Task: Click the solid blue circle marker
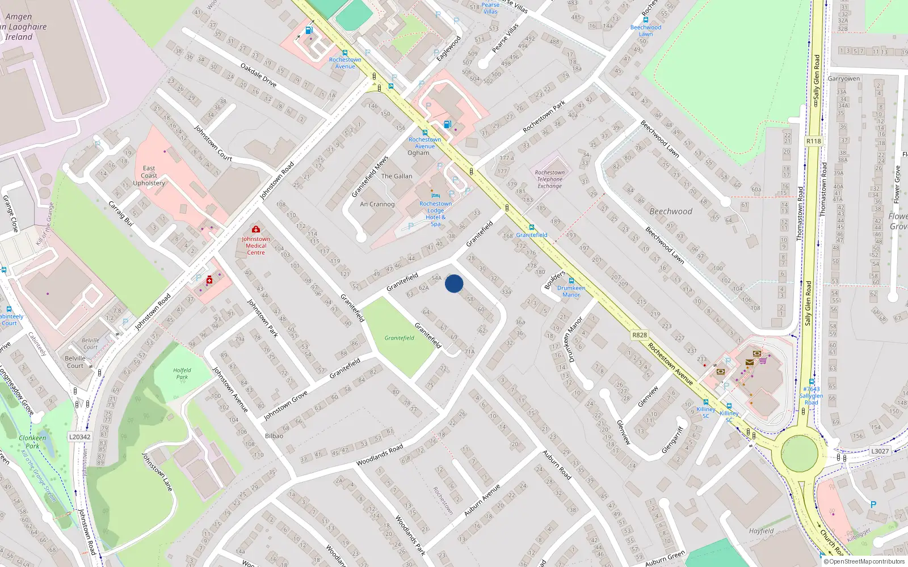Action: pyautogui.click(x=454, y=283)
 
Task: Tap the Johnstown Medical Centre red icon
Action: pyautogui.click(x=256, y=230)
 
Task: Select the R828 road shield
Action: pyautogui.click(x=640, y=335)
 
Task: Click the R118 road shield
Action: pyautogui.click(x=813, y=141)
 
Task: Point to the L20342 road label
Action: pyautogui.click(x=79, y=437)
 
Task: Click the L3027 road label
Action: pyautogui.click(x=880, y=451)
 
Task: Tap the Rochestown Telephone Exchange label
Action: pyautogui.click(x=549, y=179)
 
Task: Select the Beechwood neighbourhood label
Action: pyautogui.click(x=671, y=211)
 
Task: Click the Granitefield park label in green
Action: pyautogui.click(x=399, y=338)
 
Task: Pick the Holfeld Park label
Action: pyautogui.click(x=182, y=373)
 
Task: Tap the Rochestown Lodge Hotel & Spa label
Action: pyautogui.click(x=435, y=214)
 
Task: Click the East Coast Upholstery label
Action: pyautogui.click(x=149, y=176)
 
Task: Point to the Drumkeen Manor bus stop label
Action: pyautogui.click(x=571, y=291)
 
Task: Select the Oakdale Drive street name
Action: pyautogui.click(x=258, y=75)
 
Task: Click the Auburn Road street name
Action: pyautogui.click(x=557, y=464)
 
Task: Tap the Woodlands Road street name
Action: pyautogui.click(x=380, y=455)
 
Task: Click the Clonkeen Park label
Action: pyautogui.click(x=32, y=442)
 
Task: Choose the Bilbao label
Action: pyautogui.click(x=274, y=436)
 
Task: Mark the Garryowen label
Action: pyautogui.click(x=843, y=79)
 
